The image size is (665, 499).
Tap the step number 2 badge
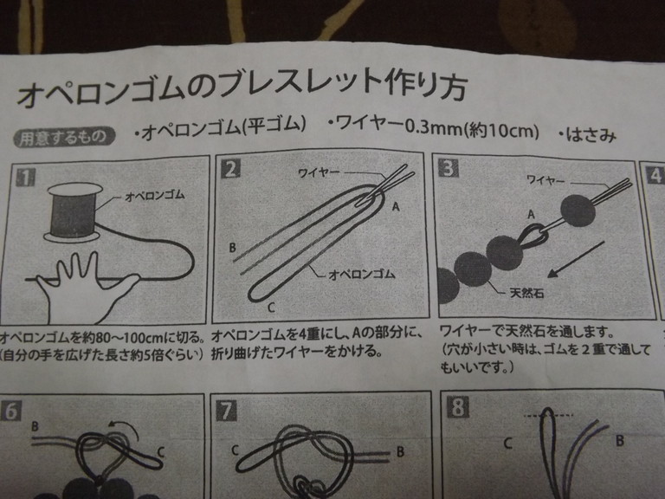(230, 169)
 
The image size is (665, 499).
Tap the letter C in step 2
(271, 307)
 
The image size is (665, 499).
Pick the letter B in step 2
(232, 248)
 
